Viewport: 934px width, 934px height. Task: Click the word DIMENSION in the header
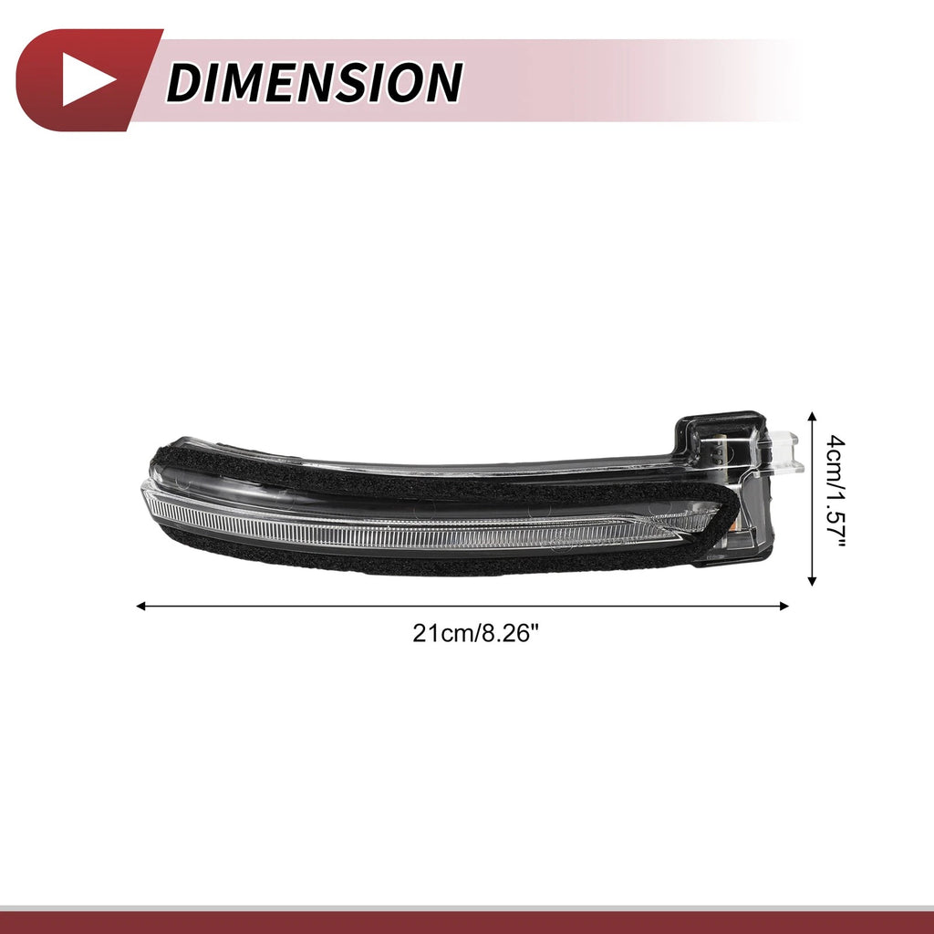click(x=314, y=82)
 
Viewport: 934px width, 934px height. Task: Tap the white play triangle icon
click(x=87, y=80)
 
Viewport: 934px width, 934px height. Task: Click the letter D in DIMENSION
click(x=186, y=82)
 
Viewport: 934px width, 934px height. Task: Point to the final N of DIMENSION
click(x=441, y=82)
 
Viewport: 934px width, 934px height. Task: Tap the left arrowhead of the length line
click(x=141, y=607)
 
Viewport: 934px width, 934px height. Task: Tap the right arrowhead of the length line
click(x=784, y=607)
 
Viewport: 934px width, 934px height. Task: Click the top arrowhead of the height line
click(x=811, y=416)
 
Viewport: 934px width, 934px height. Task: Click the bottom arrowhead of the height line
click(x=811, y=581)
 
